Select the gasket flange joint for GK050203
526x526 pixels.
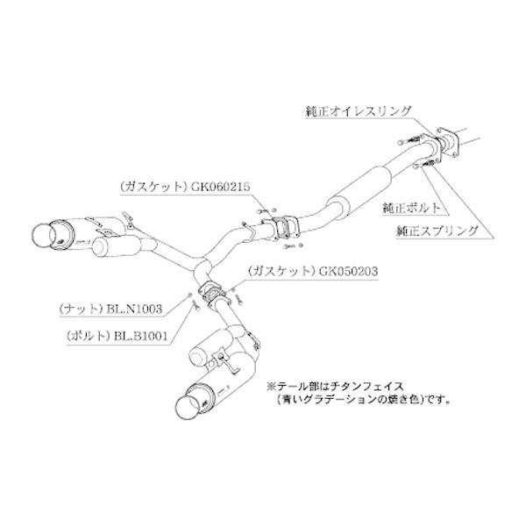tap(210, 294)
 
